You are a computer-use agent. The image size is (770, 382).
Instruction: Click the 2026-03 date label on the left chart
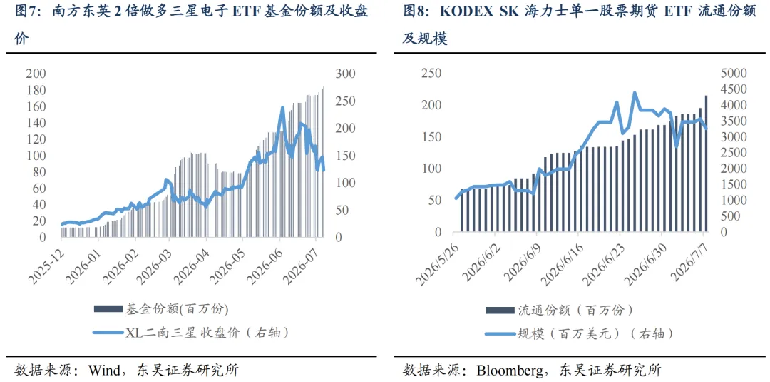pos(154,263)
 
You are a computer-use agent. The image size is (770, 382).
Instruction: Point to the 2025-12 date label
pos(45,263)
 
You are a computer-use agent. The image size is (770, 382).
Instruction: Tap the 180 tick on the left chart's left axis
pos(36,91)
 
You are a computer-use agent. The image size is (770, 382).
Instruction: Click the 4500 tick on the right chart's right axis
pos(731,89)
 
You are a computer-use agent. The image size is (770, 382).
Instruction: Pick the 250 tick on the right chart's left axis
pos(431,74)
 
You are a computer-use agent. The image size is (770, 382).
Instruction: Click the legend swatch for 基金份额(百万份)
pos(108,308)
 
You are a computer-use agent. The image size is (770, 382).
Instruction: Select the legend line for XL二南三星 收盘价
pos(108,333)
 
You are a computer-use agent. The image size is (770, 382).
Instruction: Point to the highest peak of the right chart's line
pos(635,92)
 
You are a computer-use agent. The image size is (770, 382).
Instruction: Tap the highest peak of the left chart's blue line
pos(282,106)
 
